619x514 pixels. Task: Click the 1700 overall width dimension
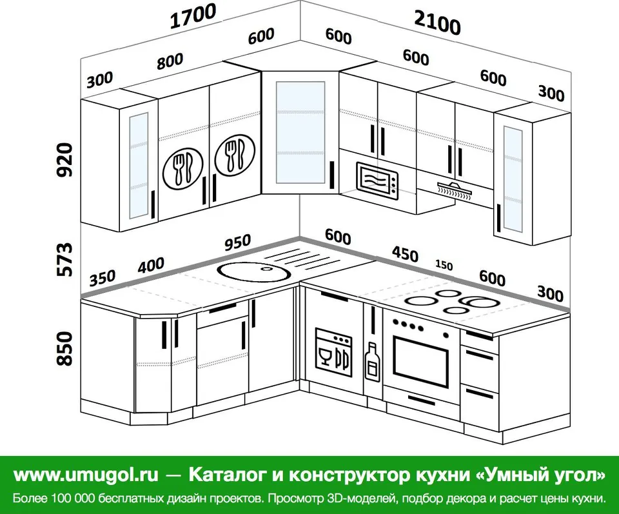click(x=193, y=16)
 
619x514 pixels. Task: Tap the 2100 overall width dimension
click(x=437, y=23)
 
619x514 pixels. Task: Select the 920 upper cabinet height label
click(x=64, y=160)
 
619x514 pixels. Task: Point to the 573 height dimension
click(x=64, y=259)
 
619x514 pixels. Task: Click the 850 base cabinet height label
click(x=64, y=349)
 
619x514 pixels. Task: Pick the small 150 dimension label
click(x=444, y=264)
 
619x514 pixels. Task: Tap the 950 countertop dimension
click(x=238, y=242)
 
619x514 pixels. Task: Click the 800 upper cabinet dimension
click(x=170, y=61)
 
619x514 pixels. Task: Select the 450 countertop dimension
click(x=405, y=254)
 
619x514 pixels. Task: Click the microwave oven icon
click(x=377, y=179)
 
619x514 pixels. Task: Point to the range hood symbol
click(x=455, y=188)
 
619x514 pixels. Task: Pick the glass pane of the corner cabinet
click(x=300, y=133)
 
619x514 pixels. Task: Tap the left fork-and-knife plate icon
click(x=182, y=169)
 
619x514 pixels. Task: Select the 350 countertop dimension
click(x=103, y=278)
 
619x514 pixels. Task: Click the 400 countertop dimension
click(x=151, y=265)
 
